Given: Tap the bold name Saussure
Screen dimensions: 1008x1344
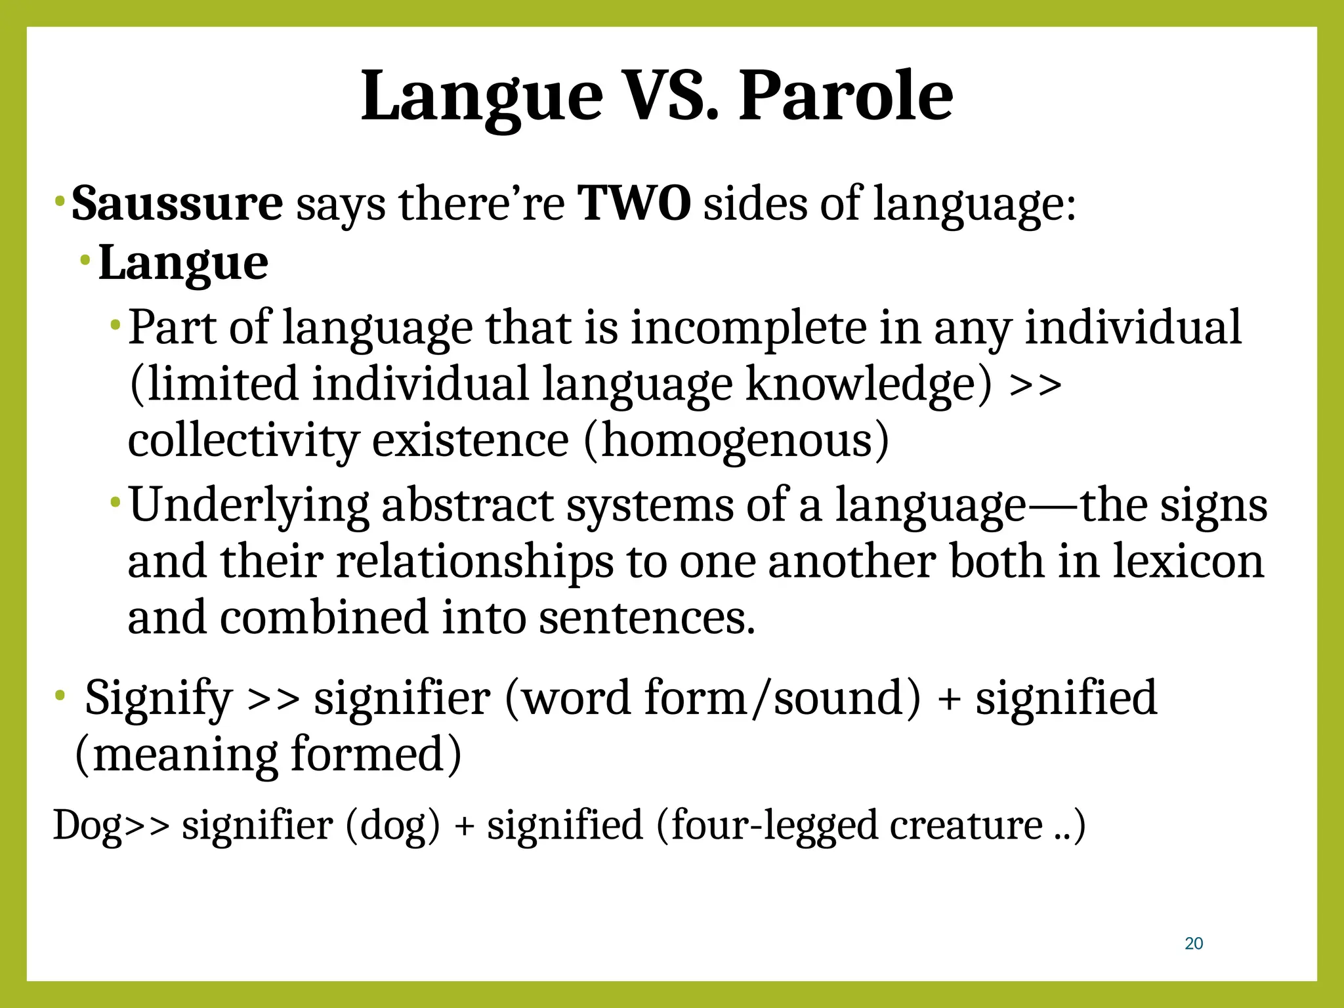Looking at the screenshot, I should coord(177,203).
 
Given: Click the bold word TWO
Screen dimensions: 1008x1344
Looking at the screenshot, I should coord(634,203).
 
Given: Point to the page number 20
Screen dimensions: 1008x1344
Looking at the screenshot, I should coord(1194,944).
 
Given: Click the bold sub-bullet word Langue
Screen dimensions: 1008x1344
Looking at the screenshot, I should coord(183,263).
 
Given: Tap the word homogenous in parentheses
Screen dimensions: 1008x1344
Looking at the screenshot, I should coord(737,440).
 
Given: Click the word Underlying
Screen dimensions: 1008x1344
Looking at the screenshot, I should coord(249,505).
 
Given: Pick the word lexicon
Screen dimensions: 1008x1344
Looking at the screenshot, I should coord(1188,562).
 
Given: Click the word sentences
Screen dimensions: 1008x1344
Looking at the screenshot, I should coord(646,618).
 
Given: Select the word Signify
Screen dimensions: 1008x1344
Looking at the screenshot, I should coord(159,698).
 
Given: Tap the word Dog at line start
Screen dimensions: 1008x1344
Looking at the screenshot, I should coord(87,826).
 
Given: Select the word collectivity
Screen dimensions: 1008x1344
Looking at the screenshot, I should coord(243,440).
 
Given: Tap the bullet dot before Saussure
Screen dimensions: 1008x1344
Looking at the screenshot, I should coord(59,199).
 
